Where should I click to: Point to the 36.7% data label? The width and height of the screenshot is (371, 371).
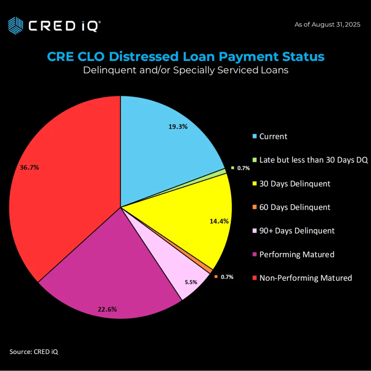point(29,168)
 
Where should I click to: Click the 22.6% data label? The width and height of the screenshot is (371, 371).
point(107,309)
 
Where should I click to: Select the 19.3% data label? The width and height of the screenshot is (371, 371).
point(178,127)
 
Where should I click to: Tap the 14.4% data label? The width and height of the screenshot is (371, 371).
point(219,221)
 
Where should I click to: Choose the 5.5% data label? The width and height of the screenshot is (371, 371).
point(191,282)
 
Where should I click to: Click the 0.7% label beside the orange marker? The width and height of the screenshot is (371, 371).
point(227,277)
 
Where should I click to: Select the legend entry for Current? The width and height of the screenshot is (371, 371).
point(273,137)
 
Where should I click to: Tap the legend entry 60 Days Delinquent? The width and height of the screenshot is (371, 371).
point(295,207)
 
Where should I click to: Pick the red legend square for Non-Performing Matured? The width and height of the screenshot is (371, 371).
point(254,278)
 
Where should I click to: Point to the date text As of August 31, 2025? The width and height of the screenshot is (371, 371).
point(327,25)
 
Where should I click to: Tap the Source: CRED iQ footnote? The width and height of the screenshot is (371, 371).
point(33,351)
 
